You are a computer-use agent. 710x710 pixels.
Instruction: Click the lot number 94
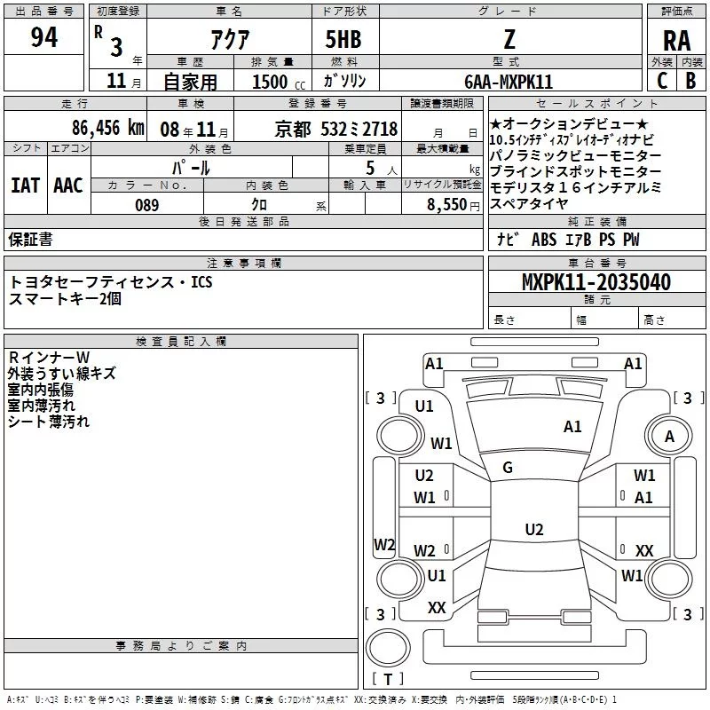[44, 38]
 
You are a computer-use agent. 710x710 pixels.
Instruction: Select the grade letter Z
[509, 38]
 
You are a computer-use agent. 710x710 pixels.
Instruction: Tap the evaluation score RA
[676, 40]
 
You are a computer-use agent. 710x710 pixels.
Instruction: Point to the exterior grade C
[661, 81]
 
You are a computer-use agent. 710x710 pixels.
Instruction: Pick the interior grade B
[690, 81]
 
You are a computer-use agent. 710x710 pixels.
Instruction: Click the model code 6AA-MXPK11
[508, 82]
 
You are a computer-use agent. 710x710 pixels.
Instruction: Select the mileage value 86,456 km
[107, 128]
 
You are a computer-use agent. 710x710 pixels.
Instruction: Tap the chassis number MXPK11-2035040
[596, 282]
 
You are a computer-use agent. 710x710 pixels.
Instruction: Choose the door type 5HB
[343, 39]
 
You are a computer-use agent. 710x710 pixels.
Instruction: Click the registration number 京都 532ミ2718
[336, 128]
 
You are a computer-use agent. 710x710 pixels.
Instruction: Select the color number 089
[146, 204]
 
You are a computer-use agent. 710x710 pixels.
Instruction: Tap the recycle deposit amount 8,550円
[454, 204]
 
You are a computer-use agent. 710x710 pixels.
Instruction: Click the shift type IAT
[26, 185]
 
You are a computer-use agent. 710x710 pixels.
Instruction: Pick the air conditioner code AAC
[67, 185]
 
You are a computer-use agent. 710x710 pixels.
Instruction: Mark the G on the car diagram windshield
[508, 468]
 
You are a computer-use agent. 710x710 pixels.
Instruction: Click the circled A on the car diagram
[670, 436]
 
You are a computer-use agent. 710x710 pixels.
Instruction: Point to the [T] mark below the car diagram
[388, 679]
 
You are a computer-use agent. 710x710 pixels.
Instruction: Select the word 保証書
[30, 240]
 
